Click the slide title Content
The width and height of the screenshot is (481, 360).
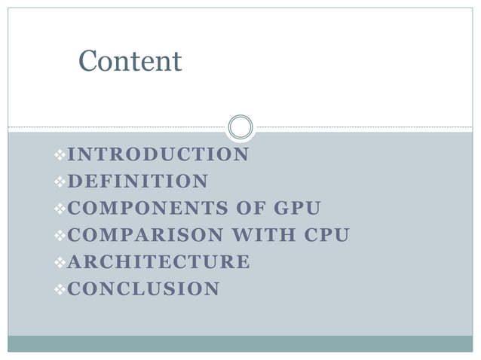(x=130, y=61)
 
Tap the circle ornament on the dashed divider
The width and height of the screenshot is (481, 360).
(x=240, y=127)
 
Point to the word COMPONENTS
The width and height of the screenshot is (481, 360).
(x=142, y=209)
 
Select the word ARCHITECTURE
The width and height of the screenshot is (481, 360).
(x=158, y=262)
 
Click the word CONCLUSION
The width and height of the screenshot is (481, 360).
(x=144, y=289)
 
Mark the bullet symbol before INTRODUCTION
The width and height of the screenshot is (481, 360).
(x=60, y=155)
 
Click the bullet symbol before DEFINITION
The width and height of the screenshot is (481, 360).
(x=60, y=182)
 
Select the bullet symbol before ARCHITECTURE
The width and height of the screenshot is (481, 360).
(x=60, y=263)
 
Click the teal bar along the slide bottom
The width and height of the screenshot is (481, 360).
(x=240, y=344)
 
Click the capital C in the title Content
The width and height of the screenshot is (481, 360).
(x=87, y=61)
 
